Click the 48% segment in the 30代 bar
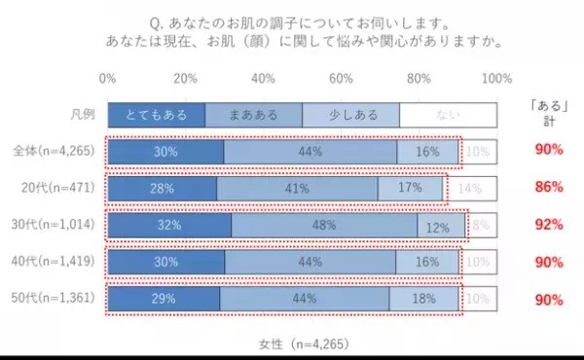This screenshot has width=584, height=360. [x=325, y=225]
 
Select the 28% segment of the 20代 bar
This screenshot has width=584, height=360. [x=163, y=188]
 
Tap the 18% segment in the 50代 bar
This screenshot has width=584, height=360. [x=424, y=299]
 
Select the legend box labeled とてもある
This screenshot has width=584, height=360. [x=157, y=115]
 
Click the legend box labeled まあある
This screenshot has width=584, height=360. [x=253, y=115]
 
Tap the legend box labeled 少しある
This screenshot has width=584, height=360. [x=350, y=115]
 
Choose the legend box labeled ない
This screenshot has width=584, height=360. [x=448, y=115]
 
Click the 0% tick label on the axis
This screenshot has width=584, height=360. [x=108, y=78]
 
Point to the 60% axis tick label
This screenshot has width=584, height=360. [x=341, y=78]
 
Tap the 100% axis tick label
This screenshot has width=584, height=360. [x=496, y=78]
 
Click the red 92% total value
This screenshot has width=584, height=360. [x=549, y=225]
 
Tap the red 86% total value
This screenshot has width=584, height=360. [x=549, y=188]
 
